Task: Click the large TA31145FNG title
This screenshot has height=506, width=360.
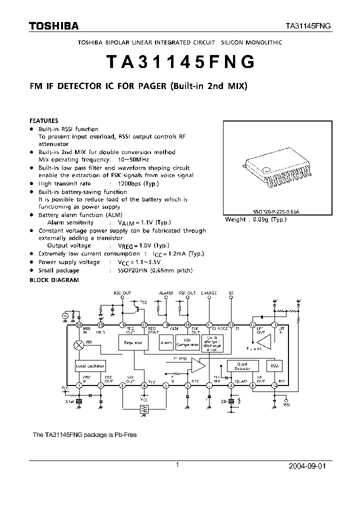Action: click(180, 62)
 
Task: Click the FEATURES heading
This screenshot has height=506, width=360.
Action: click(44, 120)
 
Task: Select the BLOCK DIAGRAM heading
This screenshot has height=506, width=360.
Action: click(54, 280)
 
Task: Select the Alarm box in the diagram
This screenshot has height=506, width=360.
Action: click(166, 343)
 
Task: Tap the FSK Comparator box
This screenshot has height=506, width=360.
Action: click(188, 343)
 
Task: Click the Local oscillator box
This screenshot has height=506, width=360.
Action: click(90, 366)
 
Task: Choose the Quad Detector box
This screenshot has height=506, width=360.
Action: click(242, 365)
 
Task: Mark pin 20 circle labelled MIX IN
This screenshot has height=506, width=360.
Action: click(78, 324)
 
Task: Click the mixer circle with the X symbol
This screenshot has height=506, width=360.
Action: click(78, 345)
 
